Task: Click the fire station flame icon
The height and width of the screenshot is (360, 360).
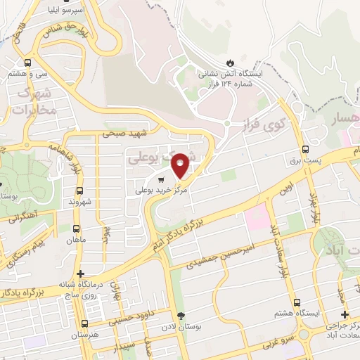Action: pyautogui.click(x=231, y=60)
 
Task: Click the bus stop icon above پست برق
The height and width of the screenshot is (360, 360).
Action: pyautogui.click(x=304, y=149)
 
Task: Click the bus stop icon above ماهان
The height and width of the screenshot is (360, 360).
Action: pyautogui.click(x=76, y=229)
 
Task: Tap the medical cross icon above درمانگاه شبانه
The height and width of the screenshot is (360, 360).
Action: pyautogui.click(x=82, y=274)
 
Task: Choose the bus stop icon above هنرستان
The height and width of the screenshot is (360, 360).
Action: pyautogui.click(x=85, y=324)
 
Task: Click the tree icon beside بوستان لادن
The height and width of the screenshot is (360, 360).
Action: pyautogui.click(x=181, y=315)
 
